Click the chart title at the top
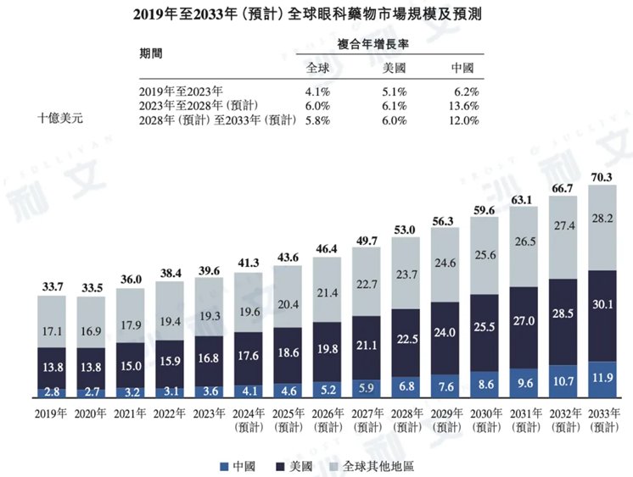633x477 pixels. click(316, 15)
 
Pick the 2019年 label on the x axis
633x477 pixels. click(53, 415)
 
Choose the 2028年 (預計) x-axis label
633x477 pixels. click(406, 421)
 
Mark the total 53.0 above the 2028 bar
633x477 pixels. click(406, 229)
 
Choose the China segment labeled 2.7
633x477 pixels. click(93, 392)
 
